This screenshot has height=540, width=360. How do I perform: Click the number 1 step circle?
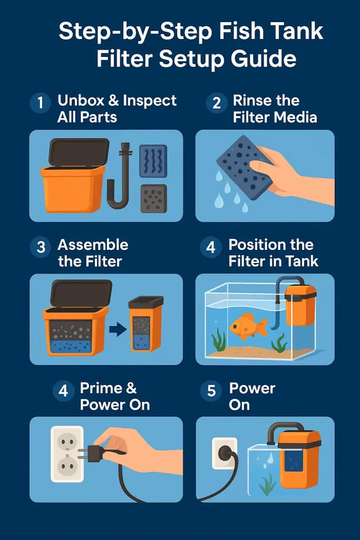click(41, 103)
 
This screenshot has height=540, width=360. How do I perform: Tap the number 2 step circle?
click(216, 103)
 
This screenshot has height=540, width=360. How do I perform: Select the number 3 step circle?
click(41, 247)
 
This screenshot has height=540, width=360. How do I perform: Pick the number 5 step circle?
click(211, 391)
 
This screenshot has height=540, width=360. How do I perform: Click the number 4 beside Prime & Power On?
click(63, 391)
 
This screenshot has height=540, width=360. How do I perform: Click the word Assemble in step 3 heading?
click(93, 245)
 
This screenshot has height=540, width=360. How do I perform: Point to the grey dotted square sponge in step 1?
click(153, 198)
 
